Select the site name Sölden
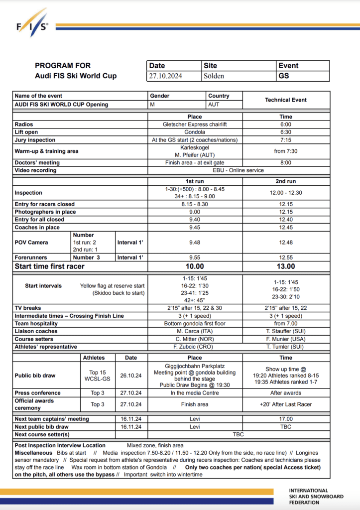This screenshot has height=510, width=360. [x=214, y=76]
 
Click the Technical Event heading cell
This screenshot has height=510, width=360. [x=286, y=100]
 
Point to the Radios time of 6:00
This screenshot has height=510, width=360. [x=286, y=125]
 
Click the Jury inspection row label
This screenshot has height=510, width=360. [x=35, y=140]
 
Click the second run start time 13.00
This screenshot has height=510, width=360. [x=286, y=266]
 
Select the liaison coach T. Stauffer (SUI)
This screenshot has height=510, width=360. [x=286, y=331]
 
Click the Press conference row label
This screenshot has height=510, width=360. [x=38, y=393]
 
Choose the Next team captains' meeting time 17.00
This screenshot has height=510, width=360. [x=286, y=419]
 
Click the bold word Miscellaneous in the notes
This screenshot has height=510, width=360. [x=33, y=453]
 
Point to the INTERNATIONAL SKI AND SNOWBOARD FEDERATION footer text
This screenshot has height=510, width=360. [x=316, y=496]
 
